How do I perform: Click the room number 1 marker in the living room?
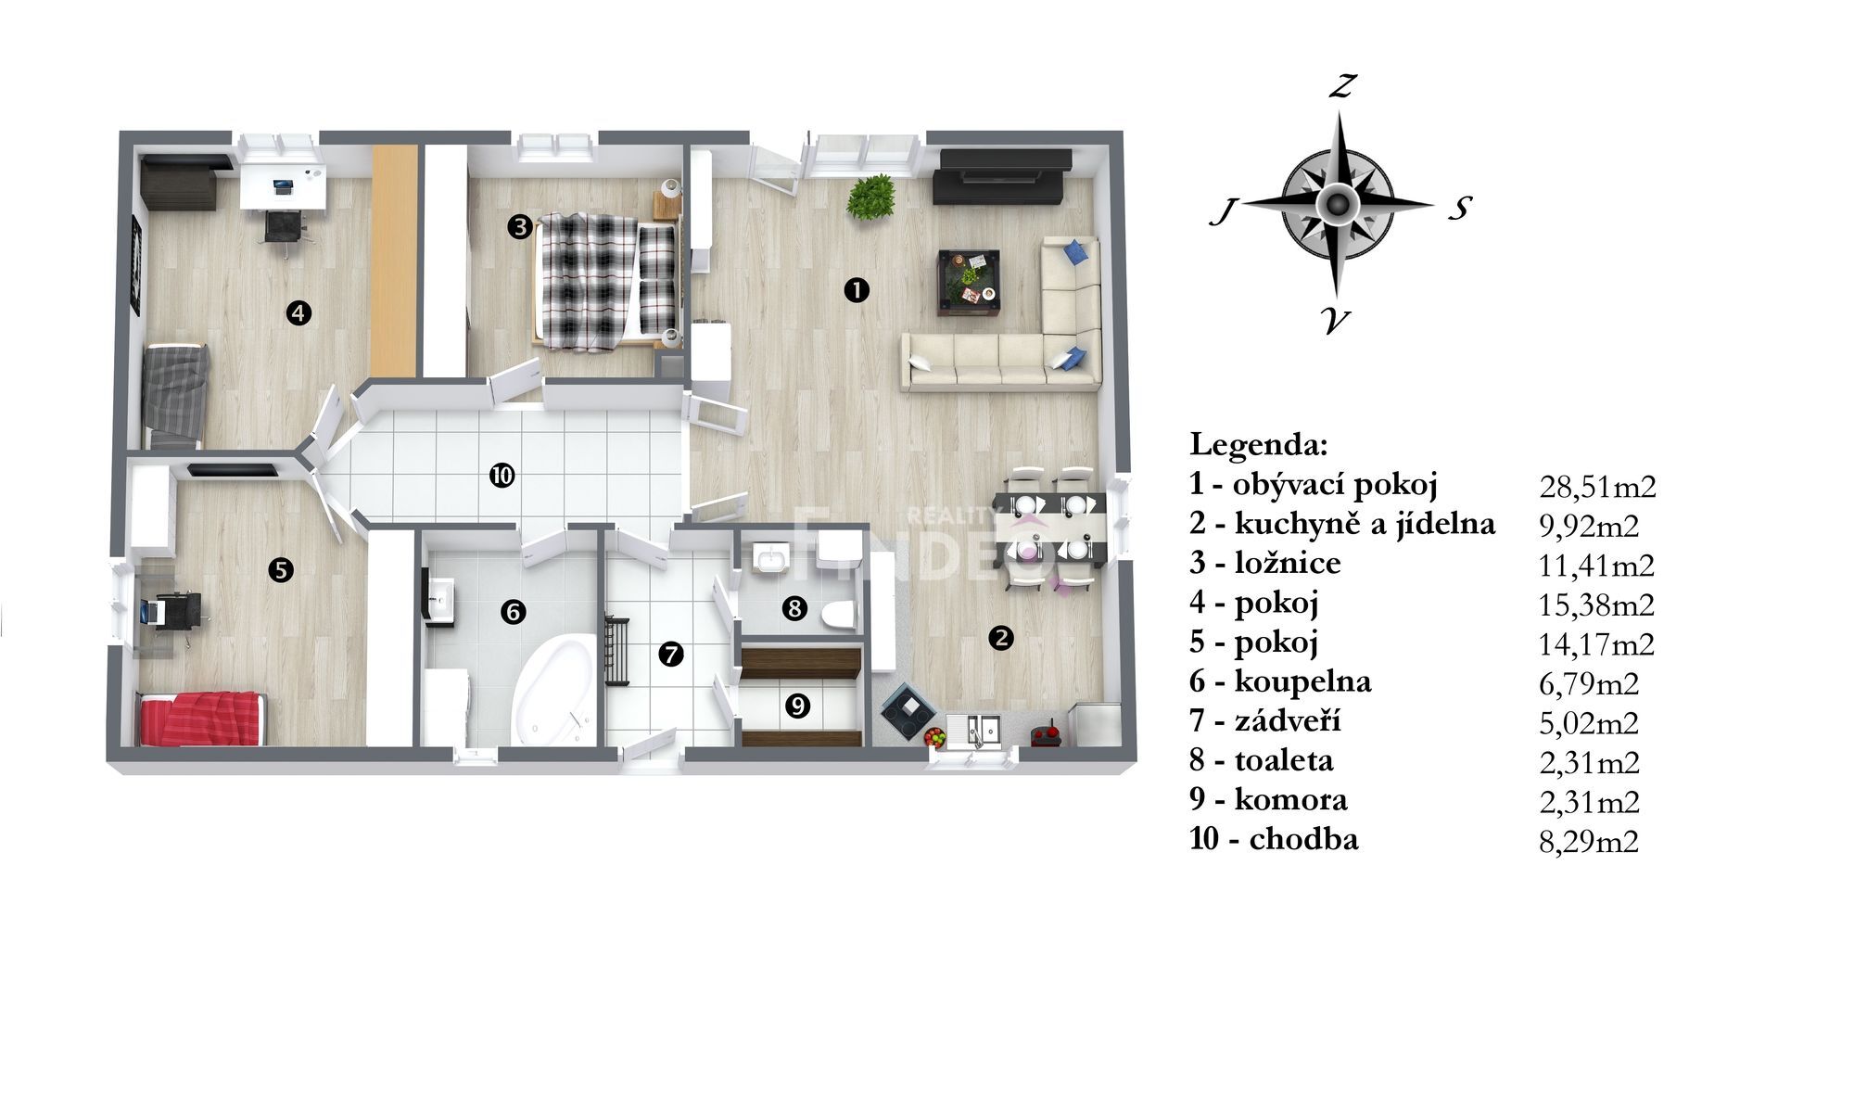click(857, 290)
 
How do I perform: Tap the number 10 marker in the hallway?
click(502, 477)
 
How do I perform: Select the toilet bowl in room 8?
click(843, 613)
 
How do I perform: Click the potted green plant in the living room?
click(870, 197)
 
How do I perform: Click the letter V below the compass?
click(1336, 321)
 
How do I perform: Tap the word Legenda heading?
click(1258, 445)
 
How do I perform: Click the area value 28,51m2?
click(1597, 486)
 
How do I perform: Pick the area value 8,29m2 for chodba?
click(1589, 841)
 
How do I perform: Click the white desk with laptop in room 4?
click(283, 184)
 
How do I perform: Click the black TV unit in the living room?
click(1001, 175)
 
